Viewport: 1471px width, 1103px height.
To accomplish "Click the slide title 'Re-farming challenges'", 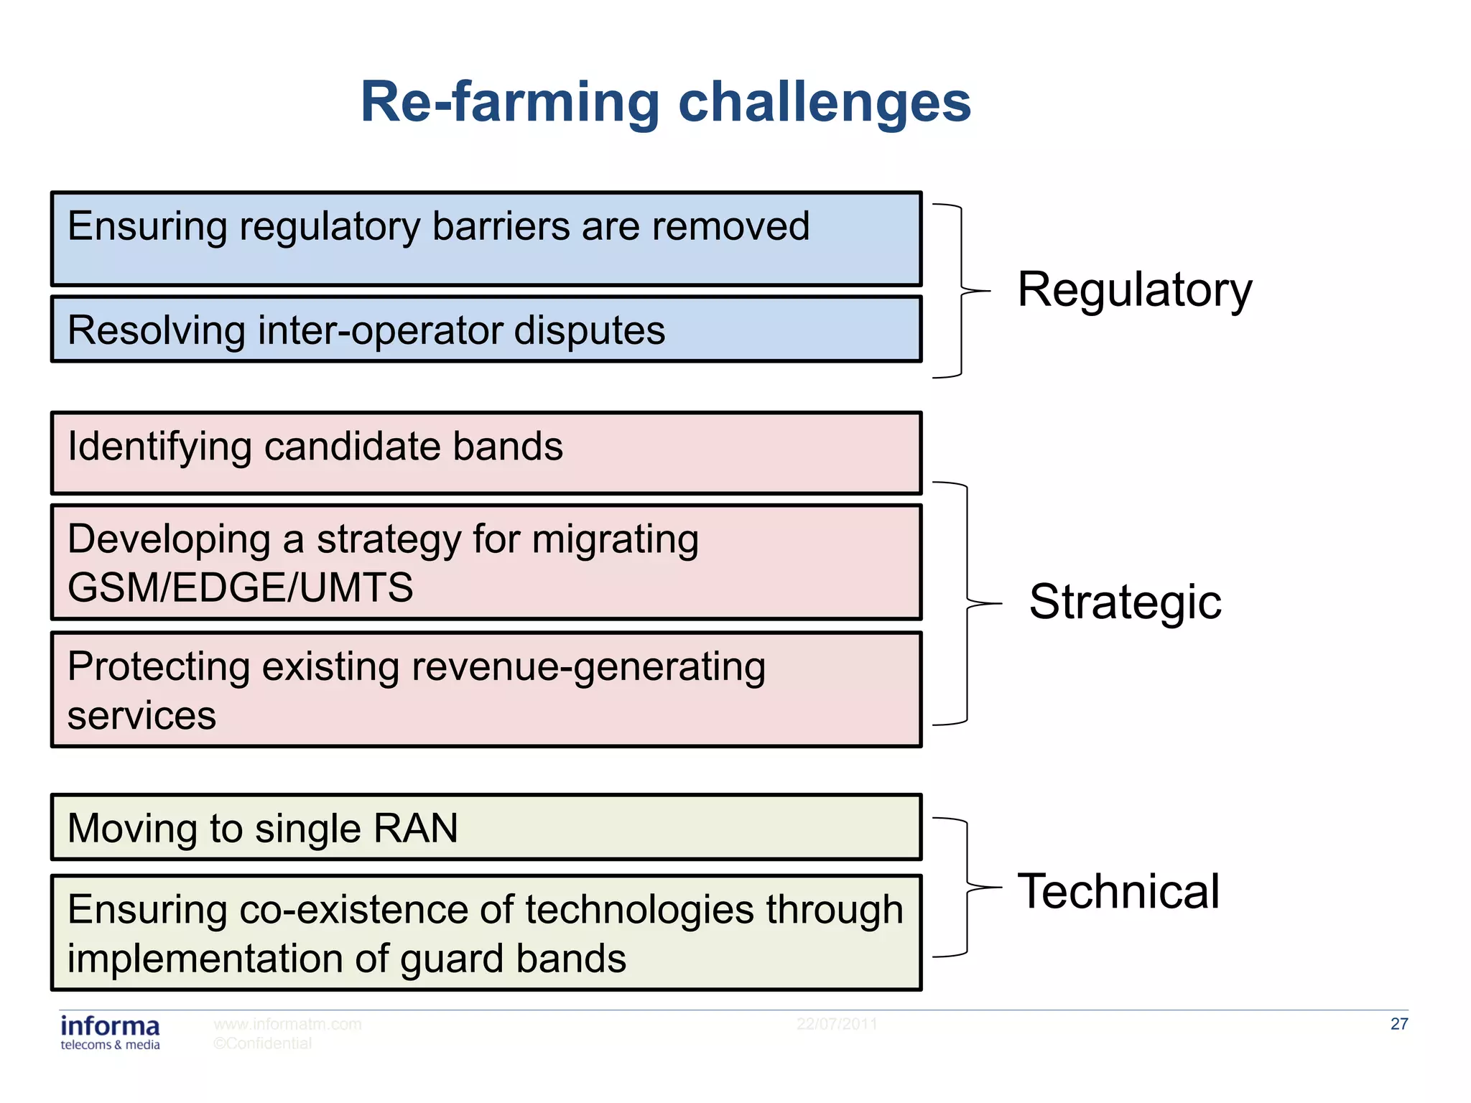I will point(665,102).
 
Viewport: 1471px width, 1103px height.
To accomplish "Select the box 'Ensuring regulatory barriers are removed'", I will point(486,239).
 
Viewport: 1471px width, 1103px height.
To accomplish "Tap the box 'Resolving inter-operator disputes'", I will point(486,330).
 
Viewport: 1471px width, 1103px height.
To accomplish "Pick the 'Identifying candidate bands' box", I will point(486,453).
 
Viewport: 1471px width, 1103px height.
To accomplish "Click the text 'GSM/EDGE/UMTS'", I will point(241,587).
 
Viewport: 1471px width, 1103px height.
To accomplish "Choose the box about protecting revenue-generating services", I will point(486,690).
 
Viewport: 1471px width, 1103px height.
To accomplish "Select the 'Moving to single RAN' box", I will point(486,827).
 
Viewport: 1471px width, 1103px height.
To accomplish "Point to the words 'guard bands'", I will point(513,959).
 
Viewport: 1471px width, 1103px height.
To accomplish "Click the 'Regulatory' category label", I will point(1135,289).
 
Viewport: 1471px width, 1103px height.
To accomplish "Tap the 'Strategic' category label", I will point(1125,602).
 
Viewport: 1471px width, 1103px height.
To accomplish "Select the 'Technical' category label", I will point(1118,891).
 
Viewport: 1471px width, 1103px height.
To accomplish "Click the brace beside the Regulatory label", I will point(961,291).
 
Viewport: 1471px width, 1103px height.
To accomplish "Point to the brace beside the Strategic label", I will point(967,603).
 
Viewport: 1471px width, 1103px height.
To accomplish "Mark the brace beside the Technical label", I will point(967,888).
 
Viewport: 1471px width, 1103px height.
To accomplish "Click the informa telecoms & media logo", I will point(110,1033).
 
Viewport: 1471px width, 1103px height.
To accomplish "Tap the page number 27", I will point(1398,1024).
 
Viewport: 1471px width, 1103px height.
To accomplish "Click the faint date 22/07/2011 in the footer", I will point(836,1024).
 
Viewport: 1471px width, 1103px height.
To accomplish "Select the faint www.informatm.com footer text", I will point(287,1024).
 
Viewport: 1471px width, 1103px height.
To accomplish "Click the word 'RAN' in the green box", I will point(416,828).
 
